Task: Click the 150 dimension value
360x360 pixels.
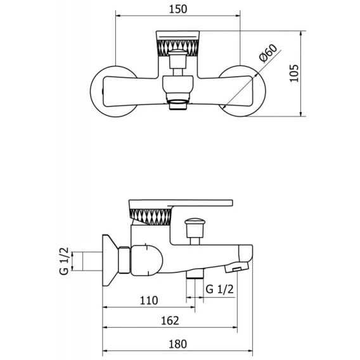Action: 178,9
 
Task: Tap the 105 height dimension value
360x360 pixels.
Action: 294,74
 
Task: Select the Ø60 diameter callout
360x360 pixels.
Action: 268,53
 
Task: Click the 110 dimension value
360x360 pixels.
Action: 149,300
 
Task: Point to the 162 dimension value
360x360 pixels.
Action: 170,321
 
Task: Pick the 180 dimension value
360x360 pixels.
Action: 177,344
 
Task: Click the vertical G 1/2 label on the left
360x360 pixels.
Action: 64,261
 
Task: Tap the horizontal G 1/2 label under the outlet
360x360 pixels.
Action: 220,289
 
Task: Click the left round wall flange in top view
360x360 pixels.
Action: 94,91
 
